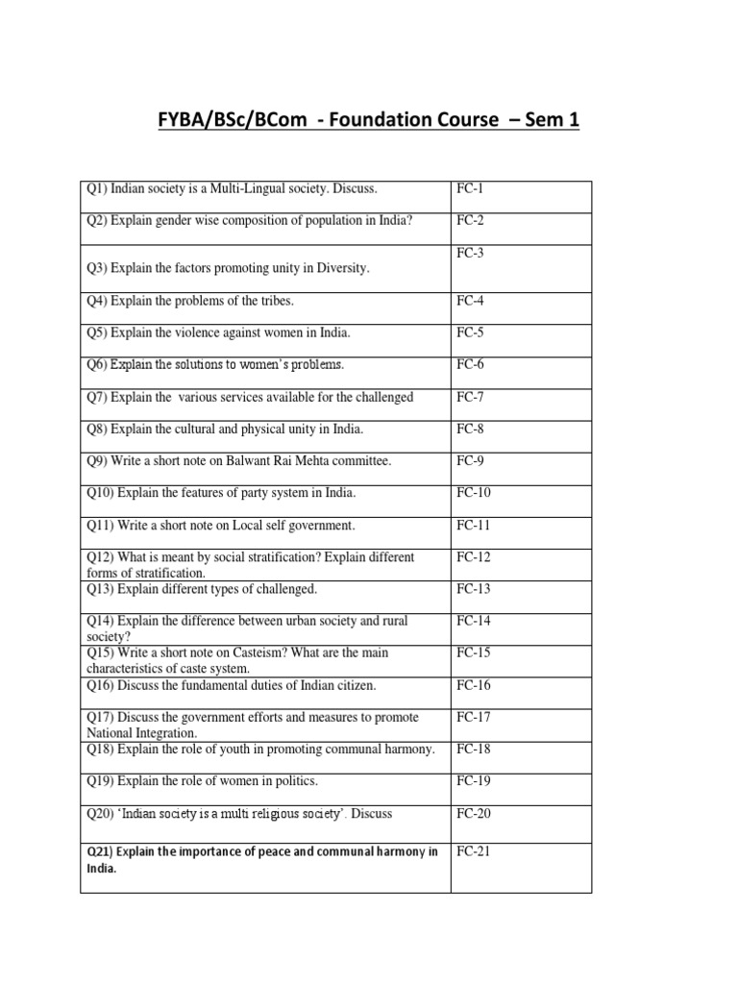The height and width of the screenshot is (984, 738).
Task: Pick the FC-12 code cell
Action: [x=473, y=557]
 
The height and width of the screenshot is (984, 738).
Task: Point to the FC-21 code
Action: [x=474, y=851]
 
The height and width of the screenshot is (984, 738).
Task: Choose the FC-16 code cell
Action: [x=473, y=685]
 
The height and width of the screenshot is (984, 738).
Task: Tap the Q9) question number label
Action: [x=97, y=461]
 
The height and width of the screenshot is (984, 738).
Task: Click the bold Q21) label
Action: [x=99, y=851]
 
